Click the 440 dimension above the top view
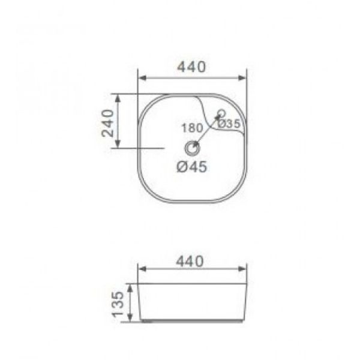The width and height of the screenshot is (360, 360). click(192, 67)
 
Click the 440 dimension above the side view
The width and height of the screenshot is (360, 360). click(190, 261)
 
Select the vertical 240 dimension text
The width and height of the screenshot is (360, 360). click(107, 123)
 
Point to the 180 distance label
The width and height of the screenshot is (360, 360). click(193, 128)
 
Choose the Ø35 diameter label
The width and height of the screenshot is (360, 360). click(229, 124)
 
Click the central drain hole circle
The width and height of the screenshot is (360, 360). click(193, 148)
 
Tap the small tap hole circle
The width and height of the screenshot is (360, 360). click(221, 113)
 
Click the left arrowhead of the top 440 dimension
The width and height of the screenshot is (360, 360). click(143, 78)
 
